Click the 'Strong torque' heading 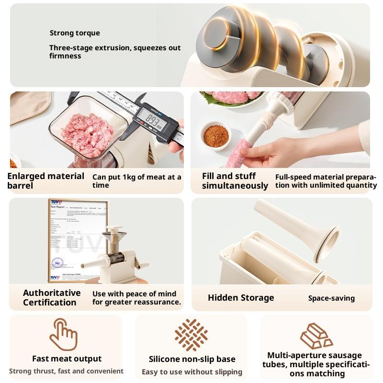[x=75, y=33]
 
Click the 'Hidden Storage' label [x=241, y=298]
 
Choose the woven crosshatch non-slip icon [x=191, y=335]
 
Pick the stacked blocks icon [x=316, y=336]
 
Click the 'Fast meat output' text [x=67, y=359]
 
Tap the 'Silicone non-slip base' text [x=192, y=359]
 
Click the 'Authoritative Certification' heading [x=52, y=297]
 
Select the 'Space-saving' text [x=331, y=298]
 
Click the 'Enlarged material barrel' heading [x=45, y=180]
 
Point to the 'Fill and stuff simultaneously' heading [x=235, y=180]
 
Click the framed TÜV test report [x=77, y=239]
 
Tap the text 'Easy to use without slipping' [x=192, y=372]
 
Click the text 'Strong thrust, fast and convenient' [x=66, y=371]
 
